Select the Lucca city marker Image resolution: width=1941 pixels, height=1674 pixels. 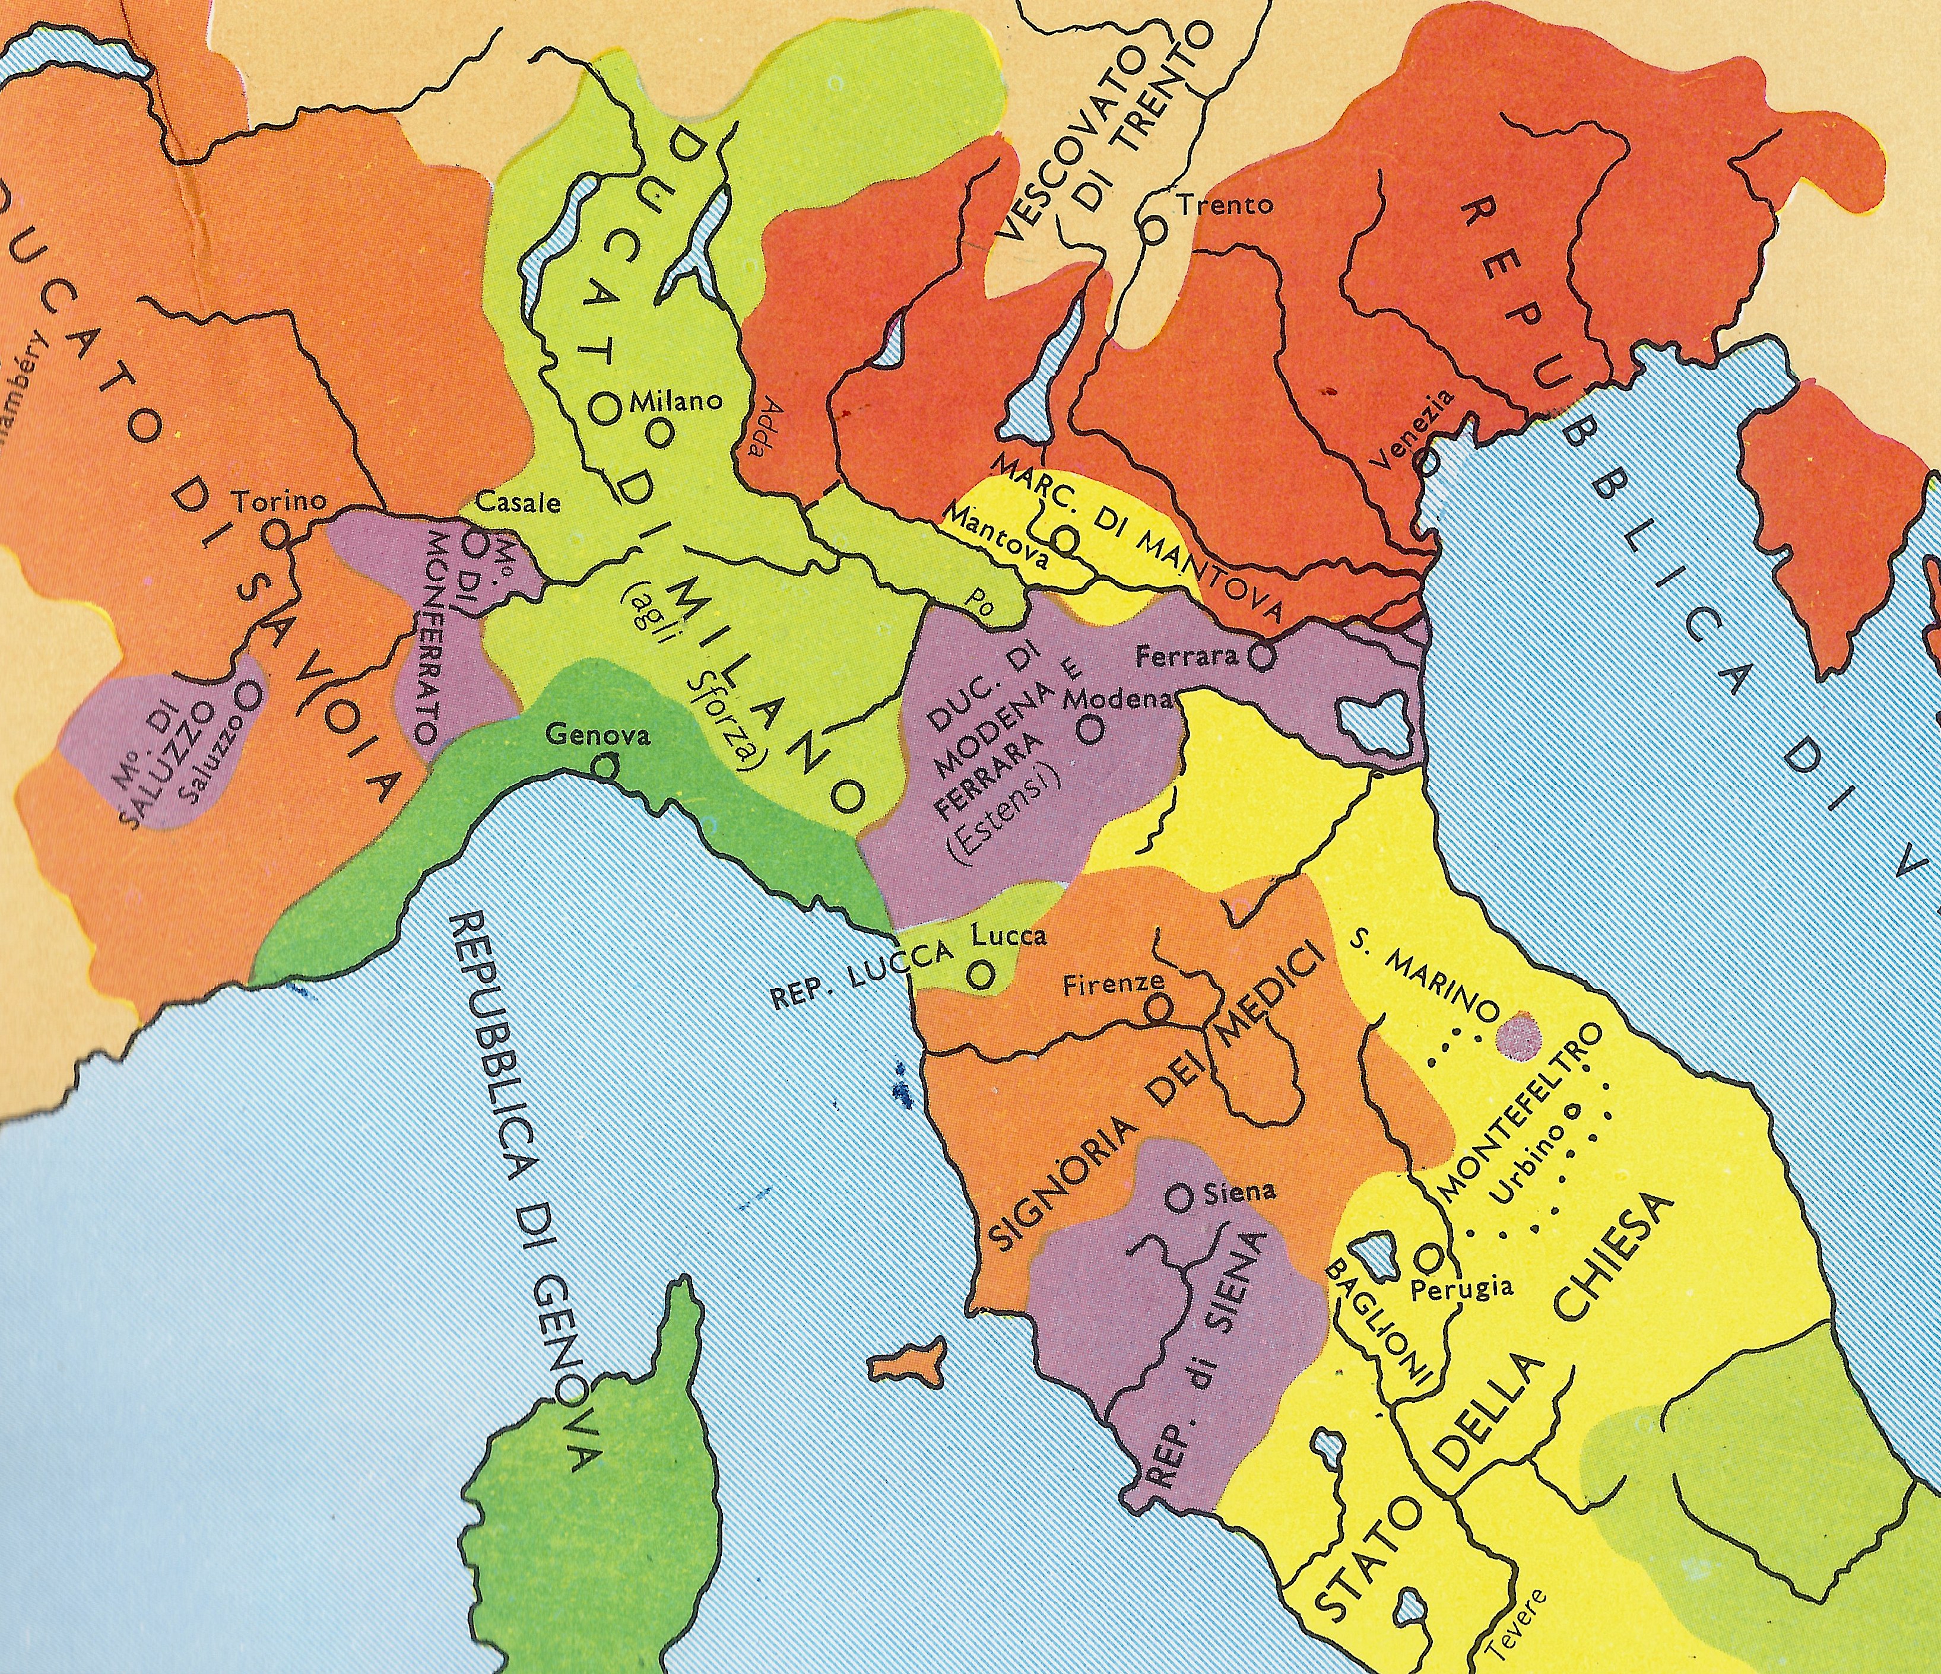click(x=980, y=975)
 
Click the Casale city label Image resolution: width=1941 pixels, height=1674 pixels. click(x=518, y=502)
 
